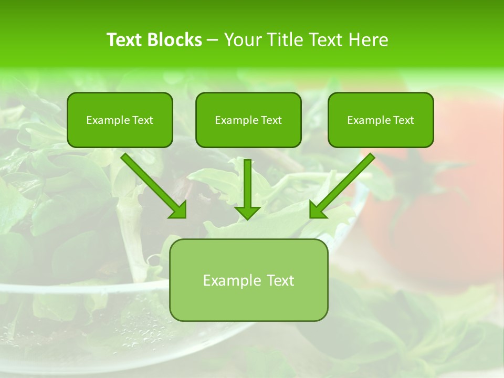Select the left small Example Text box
pos(120,120)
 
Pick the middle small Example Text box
pos(248,120)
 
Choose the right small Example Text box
pos(381,120)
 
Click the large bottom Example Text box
pos(249,280)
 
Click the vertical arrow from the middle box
pos(247,184)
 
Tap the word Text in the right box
pos(403,120)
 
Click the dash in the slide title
pos(213,40)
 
